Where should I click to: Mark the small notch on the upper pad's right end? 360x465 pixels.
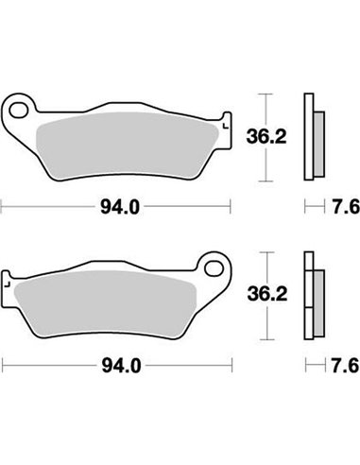(x=225, y=121)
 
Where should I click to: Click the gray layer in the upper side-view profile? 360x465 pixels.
(x=317, y=136)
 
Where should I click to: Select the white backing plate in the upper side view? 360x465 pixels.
(x=307, y=136)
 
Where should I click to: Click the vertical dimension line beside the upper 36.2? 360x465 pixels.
(x=266, y=137)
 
